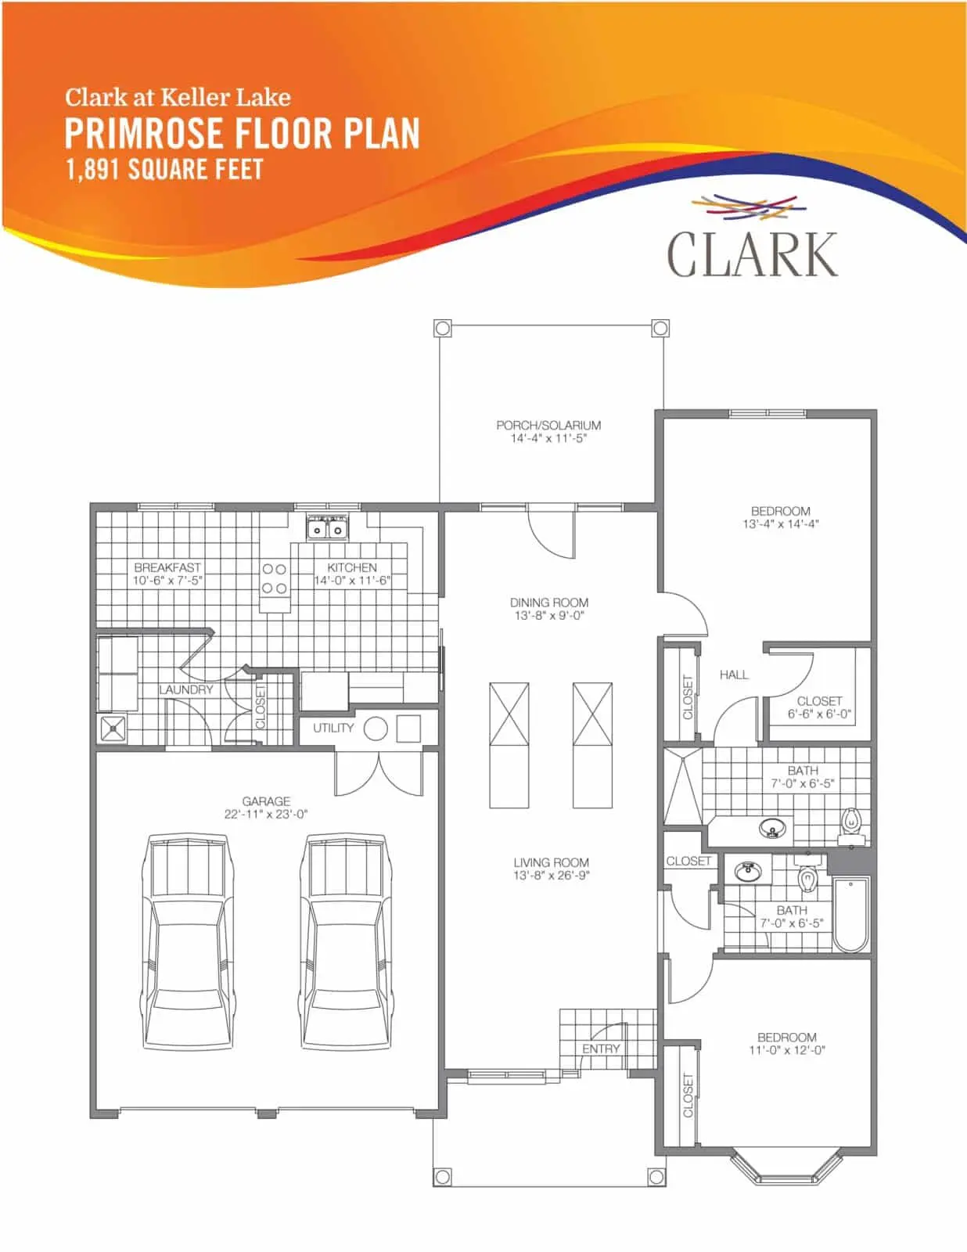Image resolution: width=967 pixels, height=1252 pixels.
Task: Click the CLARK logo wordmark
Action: point(752,254)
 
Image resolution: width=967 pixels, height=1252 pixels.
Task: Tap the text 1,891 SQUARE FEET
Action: point(164,169)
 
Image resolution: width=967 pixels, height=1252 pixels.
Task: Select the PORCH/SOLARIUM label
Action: point(548,425)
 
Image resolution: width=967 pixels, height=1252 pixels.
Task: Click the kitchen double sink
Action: point(327,528)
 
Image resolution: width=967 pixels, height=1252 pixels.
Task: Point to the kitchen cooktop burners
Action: point(274,578)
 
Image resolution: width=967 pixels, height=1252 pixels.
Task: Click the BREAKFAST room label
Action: point(167,567)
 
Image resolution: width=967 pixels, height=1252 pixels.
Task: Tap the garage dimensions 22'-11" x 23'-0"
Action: point(266,814)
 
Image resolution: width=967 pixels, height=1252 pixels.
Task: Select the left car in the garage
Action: point(187,941)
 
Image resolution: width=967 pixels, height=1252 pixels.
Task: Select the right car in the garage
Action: point(346,941)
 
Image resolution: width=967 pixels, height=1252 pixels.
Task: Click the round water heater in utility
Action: point(376,729)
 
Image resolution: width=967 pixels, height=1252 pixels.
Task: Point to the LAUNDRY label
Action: point(186,689)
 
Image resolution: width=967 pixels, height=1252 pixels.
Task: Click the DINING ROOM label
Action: point(549,603)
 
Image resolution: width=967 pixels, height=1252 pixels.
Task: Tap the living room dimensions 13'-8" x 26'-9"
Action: point(551,875)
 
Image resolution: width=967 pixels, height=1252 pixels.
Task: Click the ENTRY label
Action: point(601,1049)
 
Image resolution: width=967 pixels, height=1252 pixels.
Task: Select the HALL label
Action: point(734,675)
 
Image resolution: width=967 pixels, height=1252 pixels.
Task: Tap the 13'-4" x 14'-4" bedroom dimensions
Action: point(780,523)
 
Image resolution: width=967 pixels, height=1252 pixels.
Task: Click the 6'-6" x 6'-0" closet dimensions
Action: point(819,714)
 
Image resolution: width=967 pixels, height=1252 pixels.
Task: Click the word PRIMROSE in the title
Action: point(143,133)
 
